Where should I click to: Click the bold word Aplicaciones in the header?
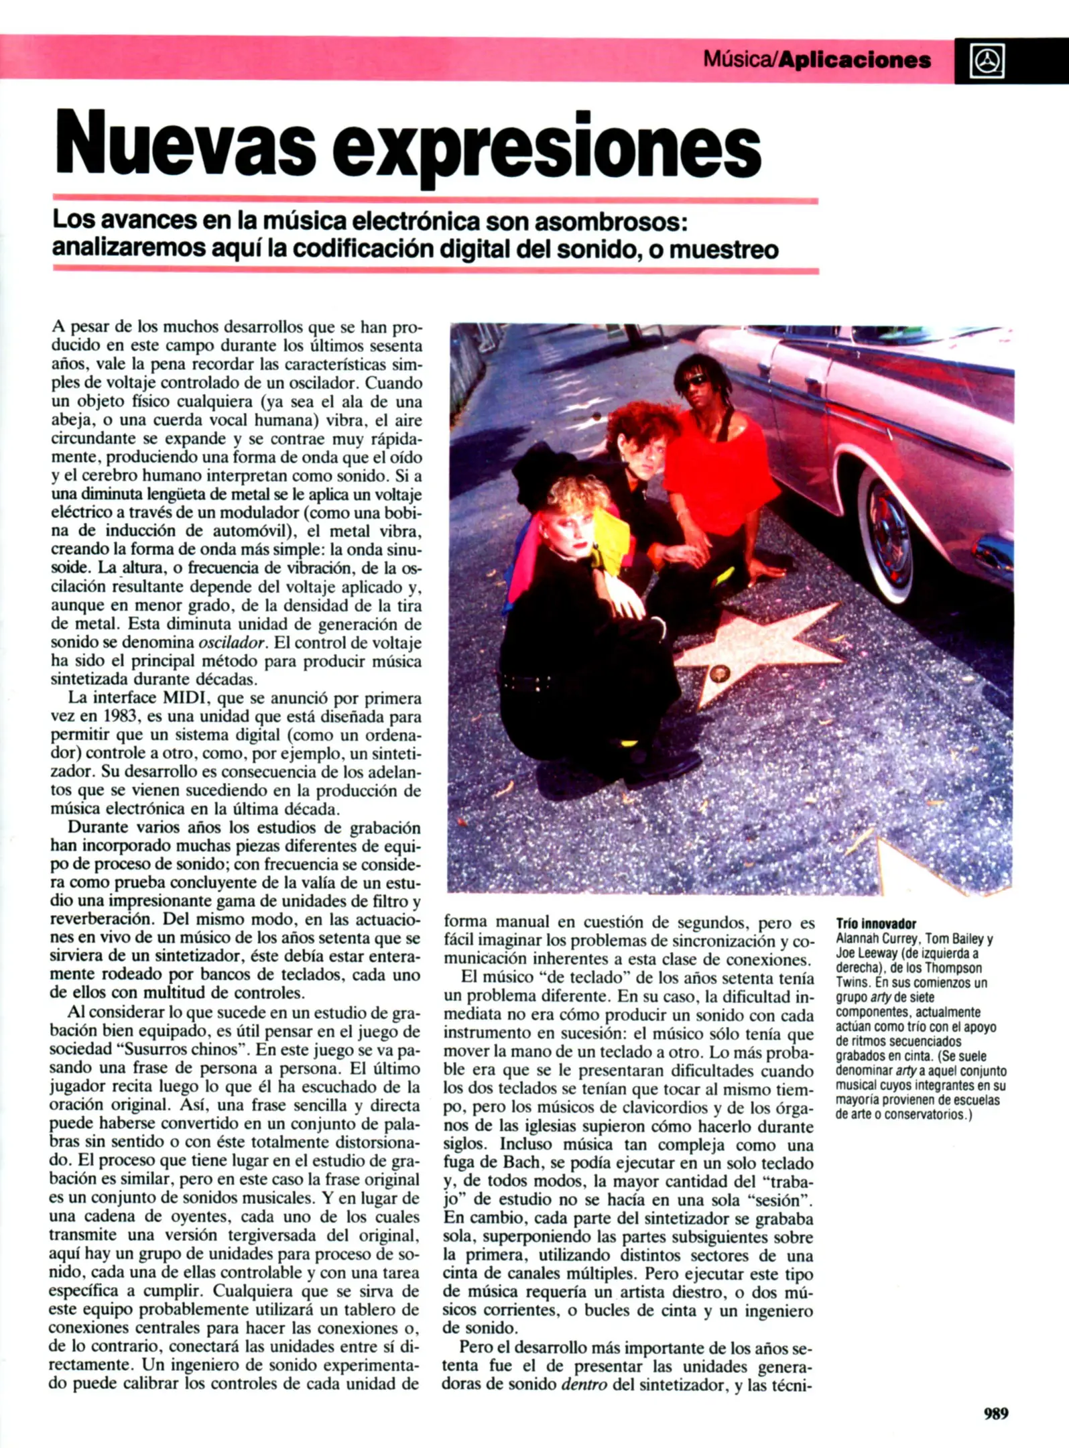click(855, 60)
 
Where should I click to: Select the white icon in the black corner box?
click(988, 61)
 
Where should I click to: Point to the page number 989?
click(996, 1413)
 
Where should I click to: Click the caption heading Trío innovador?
click(876, 923)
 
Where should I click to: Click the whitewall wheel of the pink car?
click(888, 536)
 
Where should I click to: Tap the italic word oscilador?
click(232, 642)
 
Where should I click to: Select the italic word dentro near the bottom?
click(584, 1384)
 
